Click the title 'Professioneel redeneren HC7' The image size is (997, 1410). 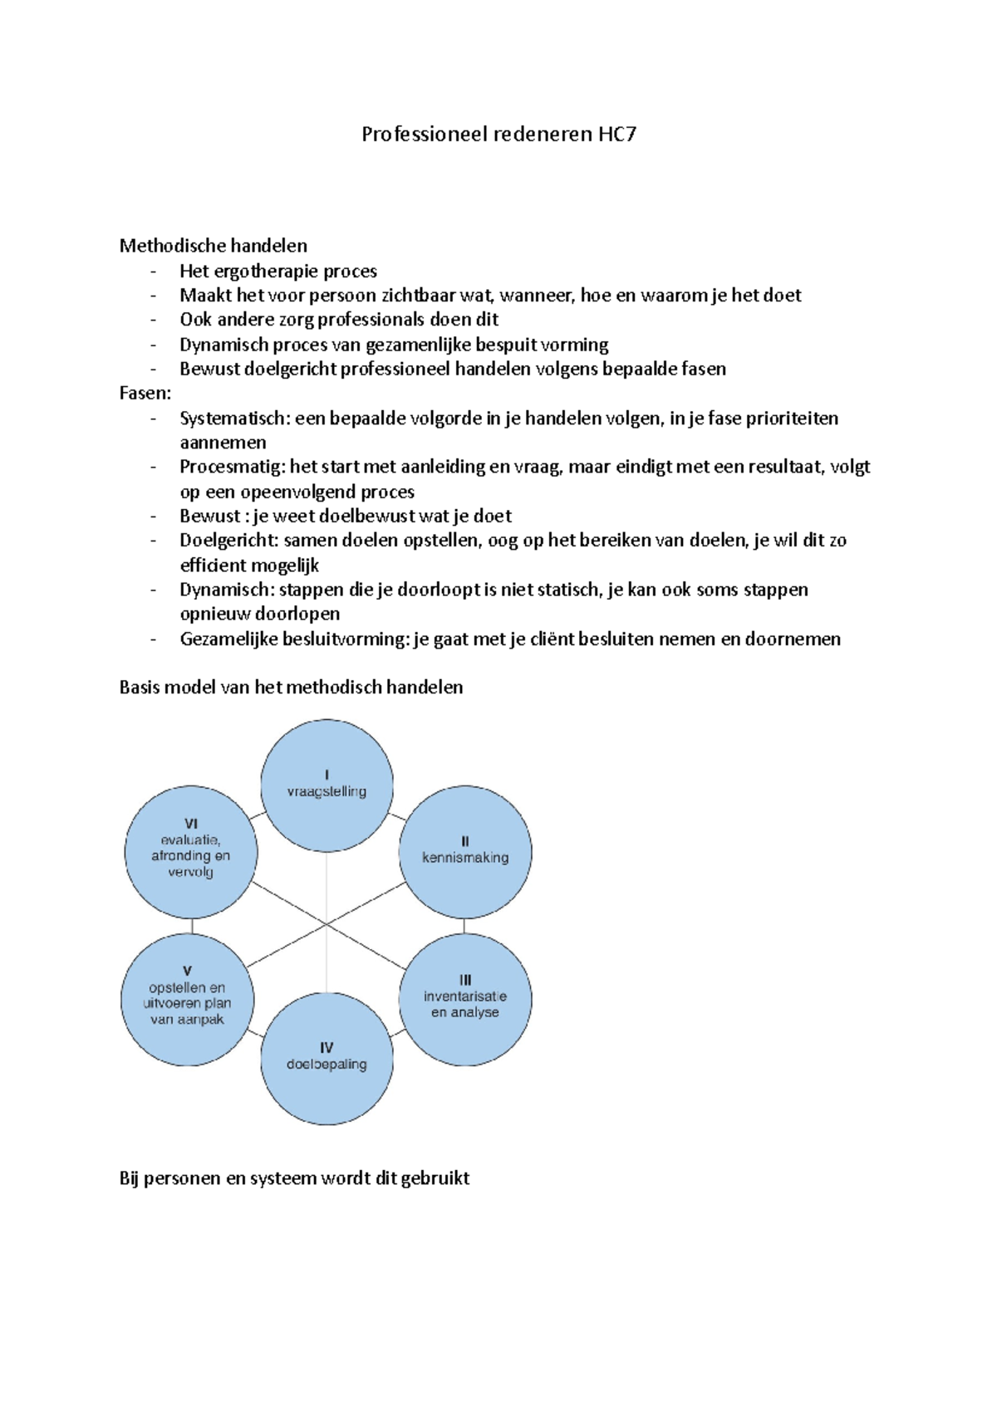pyautogui.click(x=498, y=135)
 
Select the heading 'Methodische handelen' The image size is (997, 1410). pyautogui.click(x=214, y=246)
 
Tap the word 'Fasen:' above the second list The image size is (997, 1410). pyautogui.click(x=145, y=394)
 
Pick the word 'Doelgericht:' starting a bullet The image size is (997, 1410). pyautogui.click(x=229, y=541)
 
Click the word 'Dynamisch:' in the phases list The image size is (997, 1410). pyautogui.click(x=227, y=590)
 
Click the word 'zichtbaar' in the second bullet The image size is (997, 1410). pyautogui.click(x=419, y=296)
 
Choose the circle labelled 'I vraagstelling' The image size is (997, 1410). pyautogui.click(x=327, y=785)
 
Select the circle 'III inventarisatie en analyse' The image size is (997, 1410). pyautogui.click(x=465, y=999)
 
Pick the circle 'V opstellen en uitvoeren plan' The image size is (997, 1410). pyautogui.click(x=188, y=999)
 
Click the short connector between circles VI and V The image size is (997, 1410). pyautogui.click(x=192, y=925)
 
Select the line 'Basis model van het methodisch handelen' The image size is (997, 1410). pyautogui.click(x=292, y=688)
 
